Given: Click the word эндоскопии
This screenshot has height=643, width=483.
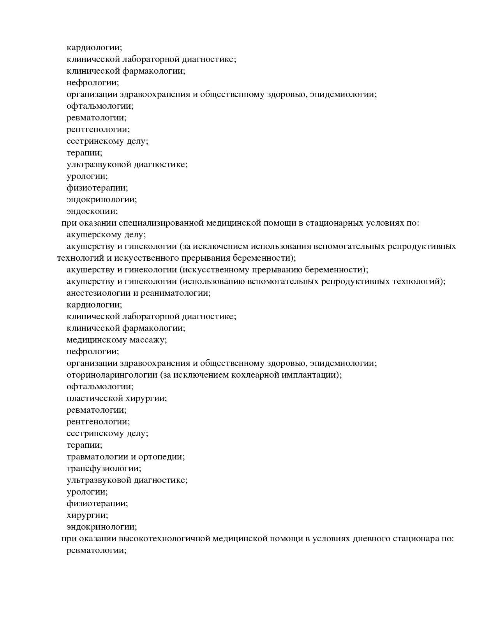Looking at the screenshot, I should click(x=92, y=212).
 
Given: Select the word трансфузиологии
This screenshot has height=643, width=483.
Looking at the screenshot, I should click(x=104, y=468).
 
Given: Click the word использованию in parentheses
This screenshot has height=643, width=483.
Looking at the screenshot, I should click(x=213, y=281).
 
